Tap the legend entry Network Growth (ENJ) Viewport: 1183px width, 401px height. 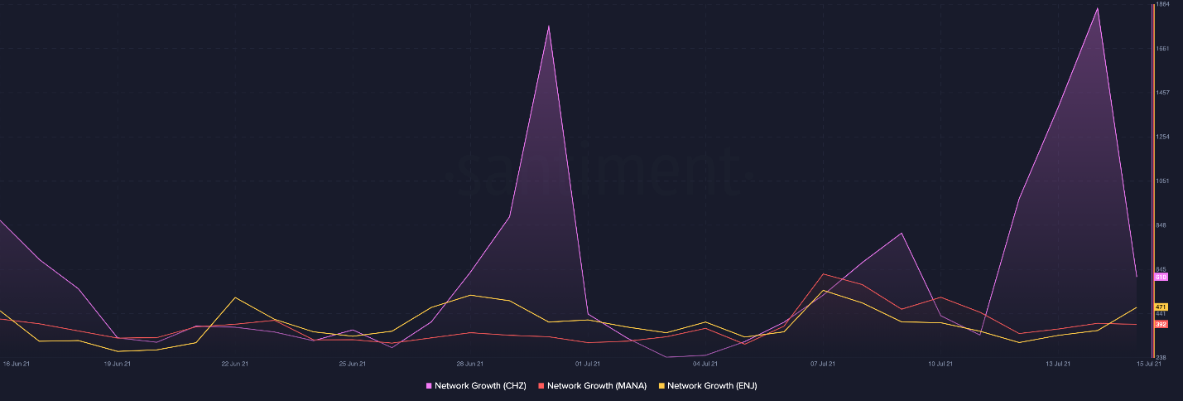click(712, 386)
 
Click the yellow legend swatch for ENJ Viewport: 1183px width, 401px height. click(661, 386)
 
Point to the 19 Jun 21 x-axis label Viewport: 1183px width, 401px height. click(118, 364)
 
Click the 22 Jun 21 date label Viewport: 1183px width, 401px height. click(235, 364)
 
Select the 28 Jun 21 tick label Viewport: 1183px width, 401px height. click(470, 364)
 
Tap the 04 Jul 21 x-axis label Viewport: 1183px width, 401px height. click(705, 364)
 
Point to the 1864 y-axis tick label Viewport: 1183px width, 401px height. click(1161, 4)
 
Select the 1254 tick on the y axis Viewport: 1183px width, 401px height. click(1161, 137)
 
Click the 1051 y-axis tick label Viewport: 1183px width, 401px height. click(1161, 181)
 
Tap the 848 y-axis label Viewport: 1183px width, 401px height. click(1161, 225)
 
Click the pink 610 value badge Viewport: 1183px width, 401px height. click(1161, 277)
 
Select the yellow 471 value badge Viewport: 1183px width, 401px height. click(1161, 307)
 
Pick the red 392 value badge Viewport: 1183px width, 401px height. click(1161, 324)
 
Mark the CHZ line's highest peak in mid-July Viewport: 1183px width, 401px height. click(1098, 8)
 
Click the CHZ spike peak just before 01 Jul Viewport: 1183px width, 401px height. click(549, 26)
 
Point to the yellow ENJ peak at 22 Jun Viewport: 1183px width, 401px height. click(236, 297)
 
